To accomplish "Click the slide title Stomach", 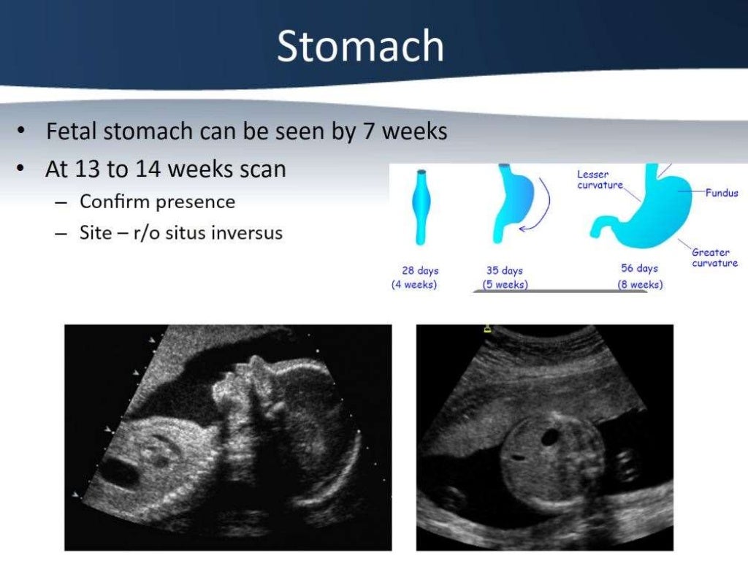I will pyautogui.click(x=360, y=47).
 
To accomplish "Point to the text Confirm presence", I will pyautogui.click(x=157, y=201).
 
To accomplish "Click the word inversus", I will pyautogui.click(x=246, y=234).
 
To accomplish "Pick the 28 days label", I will pyautogui.click(x=420, y=270).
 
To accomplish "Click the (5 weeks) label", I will pyautogui.click(x=505, y=284).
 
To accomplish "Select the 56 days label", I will pyautogui.click(x=639, y=269).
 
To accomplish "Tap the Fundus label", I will pyautogui.click(x=721, y=194).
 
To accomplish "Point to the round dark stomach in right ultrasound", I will pyautogui.click(x=550, y=437).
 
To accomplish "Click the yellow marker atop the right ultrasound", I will pyautogui.click(x=487, y=329).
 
